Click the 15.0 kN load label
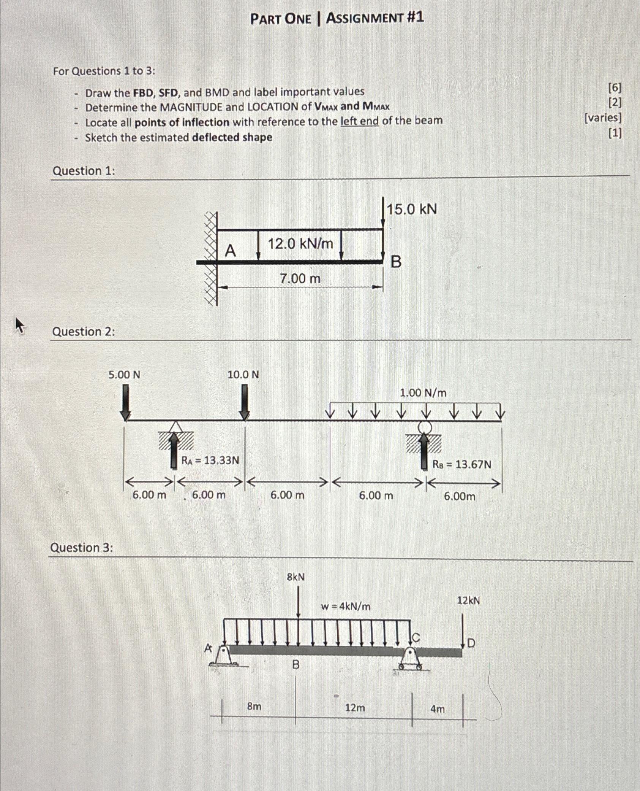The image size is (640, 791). click(412, 209)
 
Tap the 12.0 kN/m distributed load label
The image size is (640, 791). click(300, 243)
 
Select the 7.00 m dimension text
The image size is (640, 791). click(300, 279)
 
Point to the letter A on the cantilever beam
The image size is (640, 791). click(230, 251)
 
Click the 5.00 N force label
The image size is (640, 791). click(124, 375)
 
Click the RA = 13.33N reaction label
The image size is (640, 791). click(210, 461)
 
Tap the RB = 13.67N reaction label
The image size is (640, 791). click(462, 464)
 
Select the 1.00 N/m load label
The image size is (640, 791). click(423, 393)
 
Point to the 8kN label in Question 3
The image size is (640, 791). click(296, 577)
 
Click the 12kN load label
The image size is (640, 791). click(468, 601)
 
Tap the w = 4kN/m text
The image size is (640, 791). click(345, 607)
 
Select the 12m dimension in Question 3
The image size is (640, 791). click(355, 708)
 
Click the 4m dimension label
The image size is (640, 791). click(437, 709)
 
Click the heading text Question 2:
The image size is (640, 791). click(84, 332)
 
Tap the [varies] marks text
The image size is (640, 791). click(603, 118)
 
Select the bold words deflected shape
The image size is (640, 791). click(232, 137)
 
